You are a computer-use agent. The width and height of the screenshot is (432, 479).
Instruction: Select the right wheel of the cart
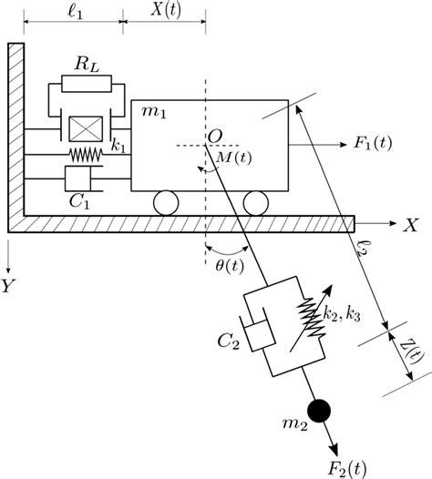coord(254,201)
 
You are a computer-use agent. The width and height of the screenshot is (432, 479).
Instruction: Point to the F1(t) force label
coord(373,144)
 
